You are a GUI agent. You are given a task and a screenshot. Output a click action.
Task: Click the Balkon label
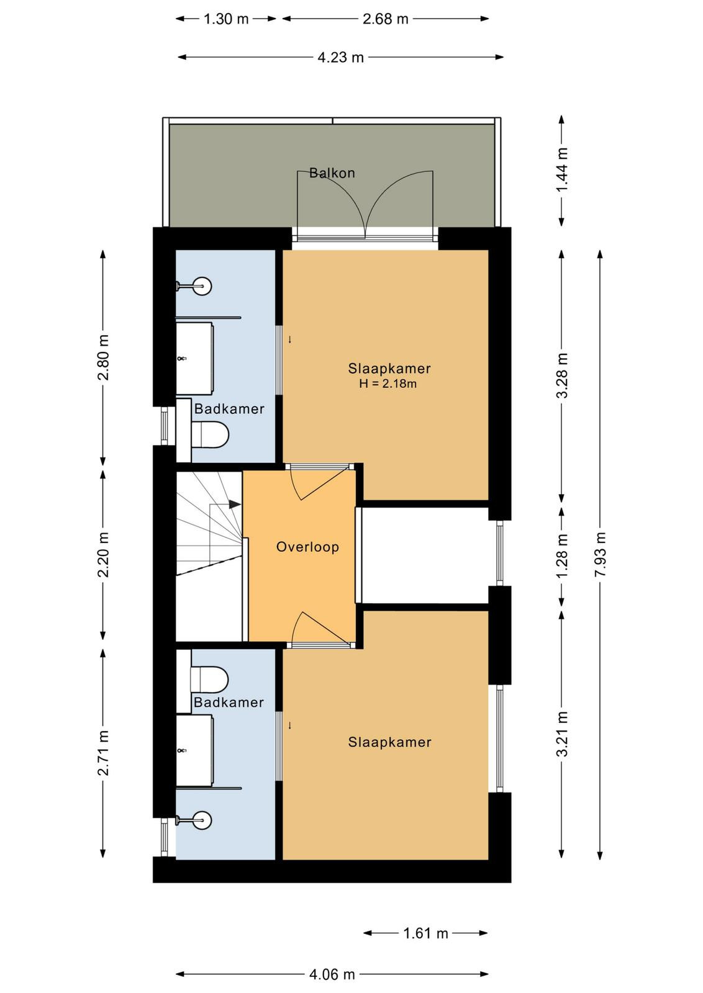(x=332, y=173)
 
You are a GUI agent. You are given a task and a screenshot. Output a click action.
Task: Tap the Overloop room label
(x=307, y=547)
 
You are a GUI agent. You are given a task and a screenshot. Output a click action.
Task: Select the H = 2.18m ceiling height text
(x=388, y=384)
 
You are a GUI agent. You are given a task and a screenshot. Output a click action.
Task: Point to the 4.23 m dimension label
(x=341, y=57)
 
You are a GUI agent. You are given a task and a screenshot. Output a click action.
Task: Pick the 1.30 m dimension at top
(x=226, y=19)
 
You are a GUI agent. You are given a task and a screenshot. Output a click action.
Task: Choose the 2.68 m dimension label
(x=386, y=19)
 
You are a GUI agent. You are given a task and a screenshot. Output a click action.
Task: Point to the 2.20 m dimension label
(x=103, y=555)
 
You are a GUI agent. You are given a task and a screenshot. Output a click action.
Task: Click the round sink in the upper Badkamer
(x=203, y=286)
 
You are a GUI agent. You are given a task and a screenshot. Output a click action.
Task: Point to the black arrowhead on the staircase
(x=235, y=504)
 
